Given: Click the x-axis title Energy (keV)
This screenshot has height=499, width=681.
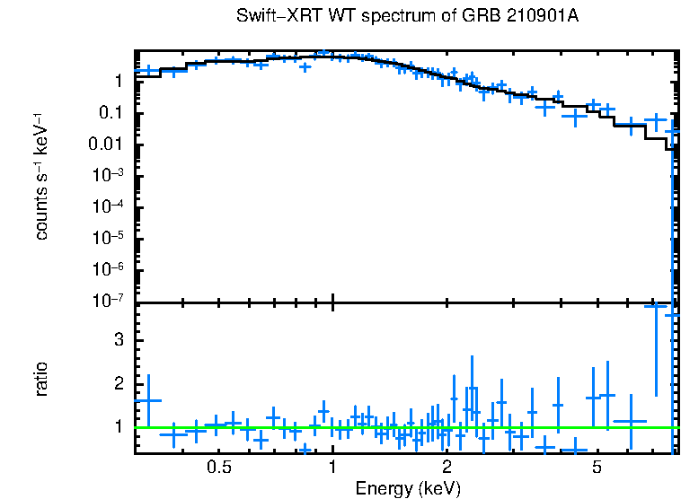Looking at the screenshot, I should tap(408, 488).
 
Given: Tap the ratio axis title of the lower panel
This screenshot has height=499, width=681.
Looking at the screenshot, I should tap(41, 379).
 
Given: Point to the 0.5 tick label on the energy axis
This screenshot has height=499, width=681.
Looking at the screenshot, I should tap(218, 468).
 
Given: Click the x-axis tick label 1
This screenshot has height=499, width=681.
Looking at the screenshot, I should tap(332, 468).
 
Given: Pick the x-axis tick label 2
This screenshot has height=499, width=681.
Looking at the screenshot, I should tap(447, 468).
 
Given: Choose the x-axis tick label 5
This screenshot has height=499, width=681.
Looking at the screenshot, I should tap(597, 468).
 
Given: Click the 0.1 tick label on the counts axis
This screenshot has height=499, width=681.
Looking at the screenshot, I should tap(111, 113).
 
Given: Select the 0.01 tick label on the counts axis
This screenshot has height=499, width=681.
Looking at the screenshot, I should tap(106, 144).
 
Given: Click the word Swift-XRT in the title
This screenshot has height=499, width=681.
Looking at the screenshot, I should tap(268, 17).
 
